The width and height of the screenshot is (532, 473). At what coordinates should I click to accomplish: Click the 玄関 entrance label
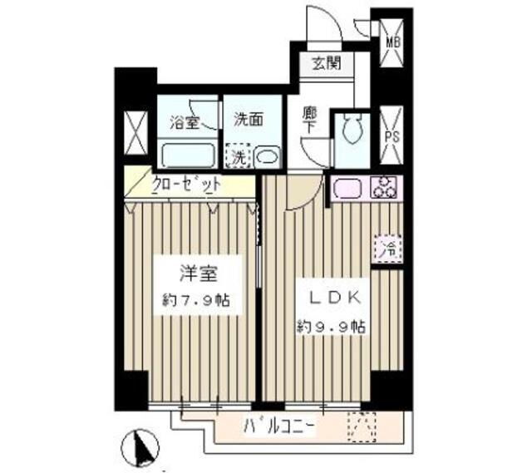(x=327, y=63)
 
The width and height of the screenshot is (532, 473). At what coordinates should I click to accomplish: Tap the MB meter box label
(x=393, y=42)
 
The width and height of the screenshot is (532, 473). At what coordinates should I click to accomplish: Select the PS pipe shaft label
(x=392, y=136)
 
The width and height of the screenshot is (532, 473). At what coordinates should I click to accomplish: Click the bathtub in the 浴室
(x=188, y=155)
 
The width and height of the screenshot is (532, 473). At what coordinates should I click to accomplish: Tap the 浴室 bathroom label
(x=185, y=122)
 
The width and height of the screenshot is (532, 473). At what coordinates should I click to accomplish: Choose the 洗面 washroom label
(x=249, y=120)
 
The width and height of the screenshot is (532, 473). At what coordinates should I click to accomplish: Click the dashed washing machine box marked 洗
(x=239, y=156)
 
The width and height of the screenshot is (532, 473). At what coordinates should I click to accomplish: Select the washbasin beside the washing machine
(x=268, y=157)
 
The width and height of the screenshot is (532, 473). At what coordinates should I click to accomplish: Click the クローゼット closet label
(x=187, y=185)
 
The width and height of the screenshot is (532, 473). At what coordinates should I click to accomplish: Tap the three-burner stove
(x=385, y=187)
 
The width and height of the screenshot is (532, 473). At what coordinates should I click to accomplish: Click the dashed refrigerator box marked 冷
(x=389, y=248)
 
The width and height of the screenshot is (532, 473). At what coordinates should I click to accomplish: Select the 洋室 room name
(x=199, y=273)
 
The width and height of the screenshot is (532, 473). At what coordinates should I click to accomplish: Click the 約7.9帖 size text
(x=197, y=300)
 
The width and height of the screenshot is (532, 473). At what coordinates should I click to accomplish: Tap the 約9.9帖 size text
(x=332, y=327)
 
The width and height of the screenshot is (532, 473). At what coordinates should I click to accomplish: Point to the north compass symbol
(x=140, y=447)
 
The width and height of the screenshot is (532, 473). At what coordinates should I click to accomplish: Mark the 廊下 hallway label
(x=309, y=121)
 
